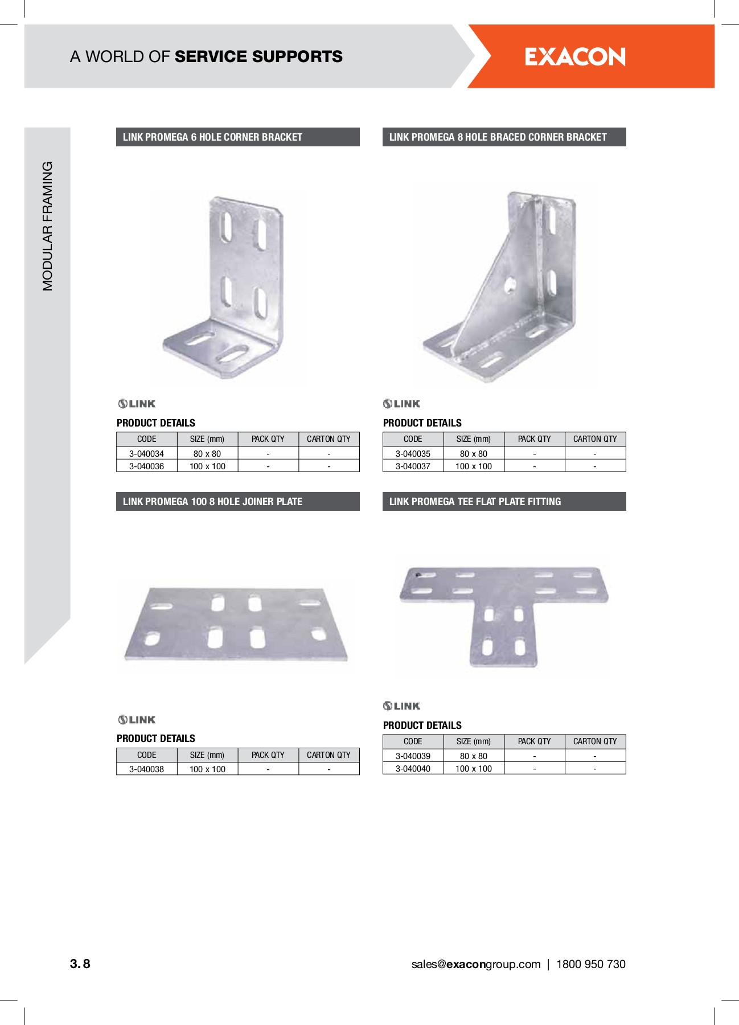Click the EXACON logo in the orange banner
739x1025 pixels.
[574, 57]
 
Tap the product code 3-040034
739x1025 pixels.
[146, 454]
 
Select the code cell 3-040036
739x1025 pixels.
[146, 466]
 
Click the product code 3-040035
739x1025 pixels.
[413, 454]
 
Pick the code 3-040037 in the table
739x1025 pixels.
[413, 466]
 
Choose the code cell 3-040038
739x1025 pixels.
[146, 769]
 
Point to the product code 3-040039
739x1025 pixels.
[413, 756]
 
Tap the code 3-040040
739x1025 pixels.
[413, 769]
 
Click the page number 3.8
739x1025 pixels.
[80, 963]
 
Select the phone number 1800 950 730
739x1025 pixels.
[590, 964]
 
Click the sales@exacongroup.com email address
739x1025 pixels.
[475, 964]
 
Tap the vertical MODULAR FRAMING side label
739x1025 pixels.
[47, 226]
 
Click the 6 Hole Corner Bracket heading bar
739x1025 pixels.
[237, 137]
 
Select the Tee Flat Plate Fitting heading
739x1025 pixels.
[504, 502]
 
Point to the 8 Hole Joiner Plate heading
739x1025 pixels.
[237, 502]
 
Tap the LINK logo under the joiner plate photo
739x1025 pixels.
[137, 720]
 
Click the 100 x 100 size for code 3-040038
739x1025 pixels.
[207, 769]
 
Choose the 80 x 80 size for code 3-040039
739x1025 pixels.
[474, 756]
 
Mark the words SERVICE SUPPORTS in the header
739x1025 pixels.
[258, 57]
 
